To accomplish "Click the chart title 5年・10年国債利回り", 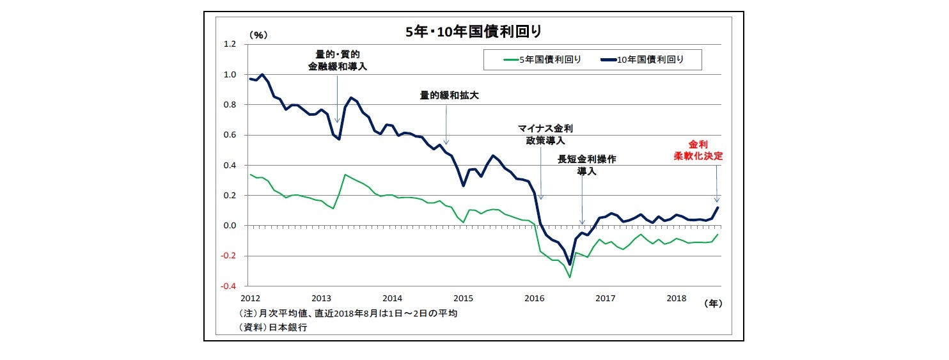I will coord(474,31).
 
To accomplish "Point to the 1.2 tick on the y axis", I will coord(229,44).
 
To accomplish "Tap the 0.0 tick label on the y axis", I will coord(229,226).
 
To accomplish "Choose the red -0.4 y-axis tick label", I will coord(228,286).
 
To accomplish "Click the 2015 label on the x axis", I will coord(463,299).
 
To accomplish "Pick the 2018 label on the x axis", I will coord(676,299).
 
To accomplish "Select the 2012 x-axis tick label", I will coord(250,299).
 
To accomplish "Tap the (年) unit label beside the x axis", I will coord(712,304).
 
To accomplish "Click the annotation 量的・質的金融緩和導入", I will coord(338,60).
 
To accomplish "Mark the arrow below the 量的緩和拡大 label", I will coord(446,125).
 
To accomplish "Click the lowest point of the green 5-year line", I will coord(569,277).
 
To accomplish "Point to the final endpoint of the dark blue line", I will coord(718,207).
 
